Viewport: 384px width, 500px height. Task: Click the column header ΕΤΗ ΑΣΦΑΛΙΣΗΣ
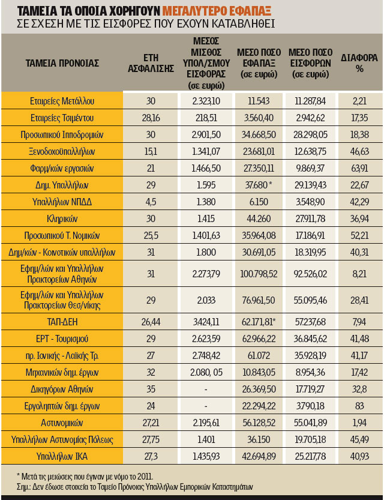point(151,63)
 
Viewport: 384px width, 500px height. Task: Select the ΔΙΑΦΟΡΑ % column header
point(361,63)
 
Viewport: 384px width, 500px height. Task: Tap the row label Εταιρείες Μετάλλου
point(62,101)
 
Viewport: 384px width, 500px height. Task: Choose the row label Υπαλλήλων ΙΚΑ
point(62,456)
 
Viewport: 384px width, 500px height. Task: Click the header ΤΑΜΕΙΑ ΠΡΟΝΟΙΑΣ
point(62,63)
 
